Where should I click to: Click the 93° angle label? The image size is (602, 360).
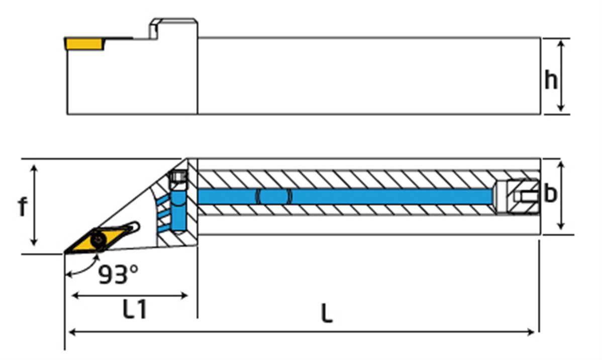tap(118, 275)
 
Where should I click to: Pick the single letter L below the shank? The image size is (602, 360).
tap(327, 314)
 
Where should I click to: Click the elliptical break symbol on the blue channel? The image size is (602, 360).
tap(274, 196)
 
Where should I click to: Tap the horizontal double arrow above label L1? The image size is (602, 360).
tap(130, 296)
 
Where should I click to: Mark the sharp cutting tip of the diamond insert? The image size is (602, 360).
tap(65, 252)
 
